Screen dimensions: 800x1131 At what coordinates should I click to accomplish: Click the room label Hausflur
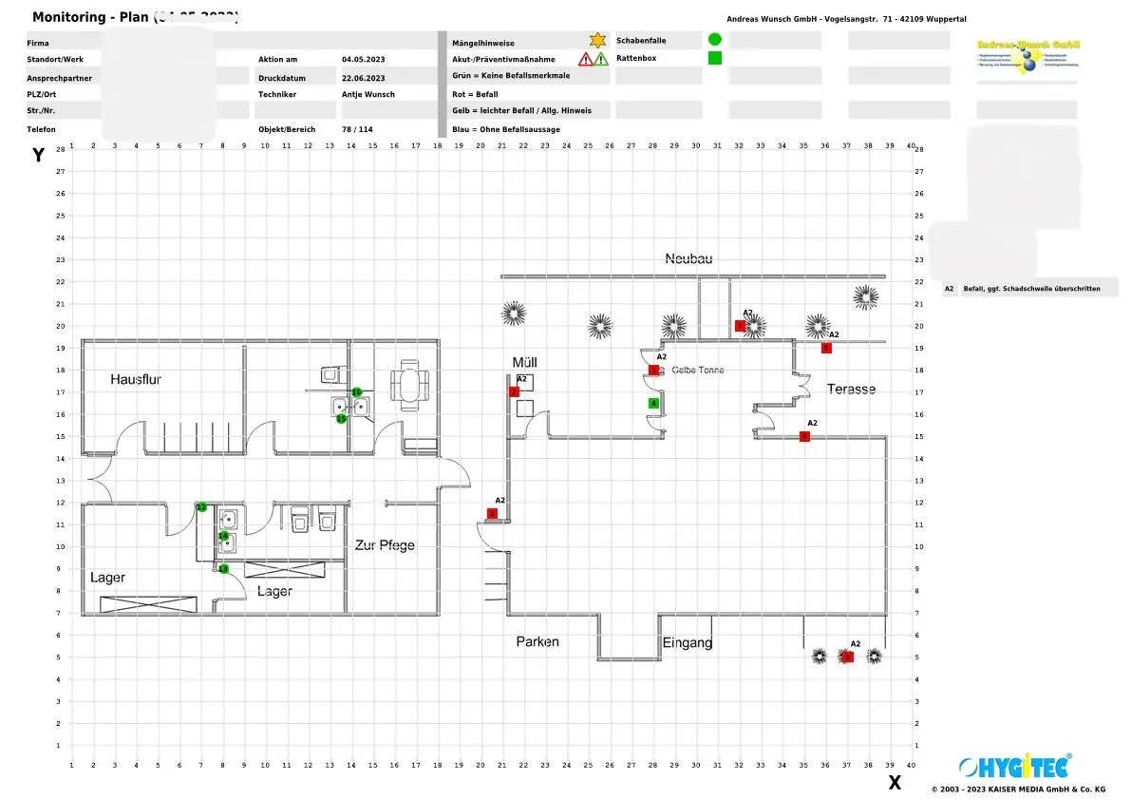point(136,379)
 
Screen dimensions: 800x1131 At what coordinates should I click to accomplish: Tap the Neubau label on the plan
point(688,258)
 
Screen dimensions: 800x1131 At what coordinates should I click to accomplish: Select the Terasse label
point(851,389)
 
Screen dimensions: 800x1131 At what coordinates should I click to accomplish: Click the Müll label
point(525,363)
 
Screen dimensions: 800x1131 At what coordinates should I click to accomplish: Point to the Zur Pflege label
point(385,545)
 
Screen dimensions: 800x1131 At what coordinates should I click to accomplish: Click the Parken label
point(537,641)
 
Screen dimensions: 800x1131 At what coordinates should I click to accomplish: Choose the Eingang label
point(688,642)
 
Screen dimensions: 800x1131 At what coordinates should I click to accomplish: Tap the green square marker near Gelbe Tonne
point(653,403)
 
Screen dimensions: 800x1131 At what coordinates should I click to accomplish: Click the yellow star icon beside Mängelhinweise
point(597,40)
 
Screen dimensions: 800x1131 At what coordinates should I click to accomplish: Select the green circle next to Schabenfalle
point(715,39)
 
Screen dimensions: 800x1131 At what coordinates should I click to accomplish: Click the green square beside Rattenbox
point(715,58)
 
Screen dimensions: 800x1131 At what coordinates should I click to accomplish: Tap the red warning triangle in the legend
point(586,59)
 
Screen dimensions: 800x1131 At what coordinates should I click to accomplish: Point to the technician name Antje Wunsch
point(368,94)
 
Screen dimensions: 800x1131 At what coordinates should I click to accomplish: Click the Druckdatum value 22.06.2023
point(363,78)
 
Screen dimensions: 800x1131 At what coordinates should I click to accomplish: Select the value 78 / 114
point(357,129)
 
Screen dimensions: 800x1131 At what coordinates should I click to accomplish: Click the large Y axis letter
point(39,156)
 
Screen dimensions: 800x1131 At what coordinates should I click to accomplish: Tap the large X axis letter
point(894,783)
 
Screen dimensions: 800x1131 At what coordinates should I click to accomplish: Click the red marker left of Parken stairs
point(492,514)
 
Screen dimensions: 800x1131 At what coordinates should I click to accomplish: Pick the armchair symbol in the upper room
point(411,385)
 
